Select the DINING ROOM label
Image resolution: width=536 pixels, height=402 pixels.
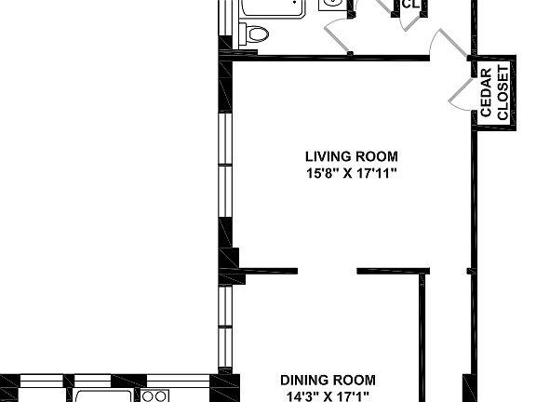(328, 380)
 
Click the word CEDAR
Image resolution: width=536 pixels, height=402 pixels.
(486, 93)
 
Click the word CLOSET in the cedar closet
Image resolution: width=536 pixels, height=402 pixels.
(502, 93)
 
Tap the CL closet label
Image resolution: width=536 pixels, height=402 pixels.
(409, 5)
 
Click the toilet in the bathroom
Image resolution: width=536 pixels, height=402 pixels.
(254, 35)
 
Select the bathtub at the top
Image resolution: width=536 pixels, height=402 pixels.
(273, 7)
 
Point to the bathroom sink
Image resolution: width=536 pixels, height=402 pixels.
(331, 5)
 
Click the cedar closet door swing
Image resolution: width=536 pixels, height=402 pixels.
(461, 91)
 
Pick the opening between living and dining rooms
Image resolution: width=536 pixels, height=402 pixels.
(327, 272)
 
